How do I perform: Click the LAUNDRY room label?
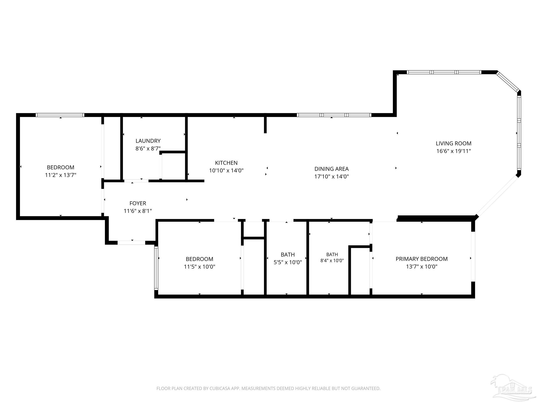pos(148,141)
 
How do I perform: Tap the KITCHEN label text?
pos(226,163)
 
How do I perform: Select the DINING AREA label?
pos(331,169)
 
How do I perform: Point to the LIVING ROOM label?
pos(454,143)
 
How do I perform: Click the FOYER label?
pos(138,203)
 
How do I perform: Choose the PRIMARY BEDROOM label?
pos(422,259)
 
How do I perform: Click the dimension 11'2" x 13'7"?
pos(61,175)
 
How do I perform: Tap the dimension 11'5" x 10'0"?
pos(200,267)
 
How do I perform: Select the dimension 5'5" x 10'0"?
pos(288,262)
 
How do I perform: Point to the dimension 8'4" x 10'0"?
pos(332,261)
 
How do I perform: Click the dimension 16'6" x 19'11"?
pos(454,151)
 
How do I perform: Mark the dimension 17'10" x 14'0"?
pos(331,176)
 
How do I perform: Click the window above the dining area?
pos(334,115)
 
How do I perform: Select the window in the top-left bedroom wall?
pos(60,115)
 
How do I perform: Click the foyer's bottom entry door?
pos(131,243)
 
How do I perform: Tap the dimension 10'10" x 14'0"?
pos(226,171)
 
